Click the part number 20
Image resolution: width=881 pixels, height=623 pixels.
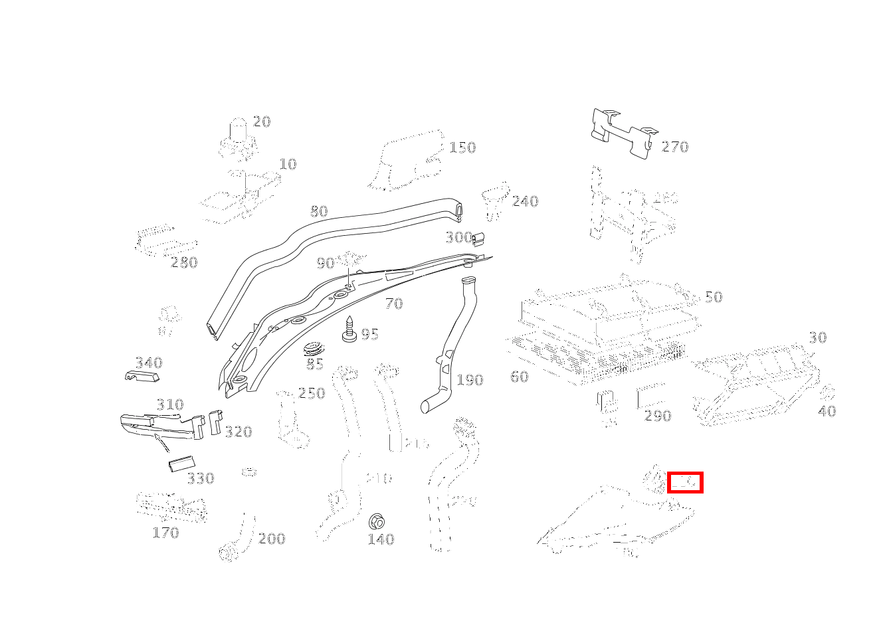coord(262,122)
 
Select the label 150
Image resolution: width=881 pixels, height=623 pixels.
coord(462,147)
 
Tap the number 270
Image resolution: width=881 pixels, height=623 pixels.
coord(675,147)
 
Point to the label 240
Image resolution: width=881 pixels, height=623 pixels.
coord(525,201)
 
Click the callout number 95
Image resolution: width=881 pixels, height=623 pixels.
coord(369,334)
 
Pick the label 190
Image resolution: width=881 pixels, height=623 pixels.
coord(470,380)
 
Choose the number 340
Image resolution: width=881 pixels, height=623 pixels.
coord(149,363)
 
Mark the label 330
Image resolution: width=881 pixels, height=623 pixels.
coord(200,478)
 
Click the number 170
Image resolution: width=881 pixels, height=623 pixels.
coord(165,533)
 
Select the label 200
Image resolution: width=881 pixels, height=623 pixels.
coord(272,539)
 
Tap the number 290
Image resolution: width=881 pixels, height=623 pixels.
coord(658,416)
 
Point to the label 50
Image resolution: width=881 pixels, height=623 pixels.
coord(713,297)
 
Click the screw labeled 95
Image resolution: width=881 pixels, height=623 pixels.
coord(349,330)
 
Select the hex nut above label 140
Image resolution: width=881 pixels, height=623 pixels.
coord(377,521)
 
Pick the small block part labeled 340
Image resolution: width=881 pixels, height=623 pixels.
coord(142,377)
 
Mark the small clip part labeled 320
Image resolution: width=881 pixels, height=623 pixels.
coord(215,422)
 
